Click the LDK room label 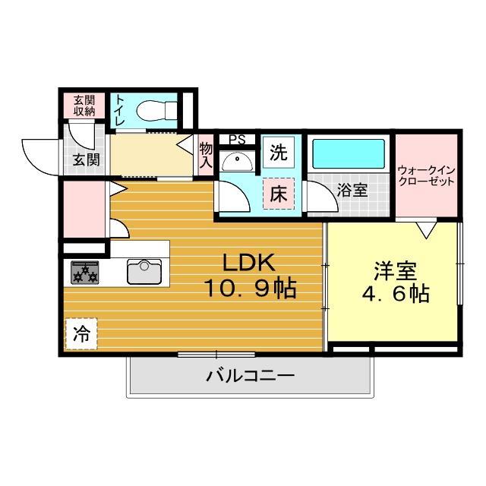pyautogui.click(x=248, y=264)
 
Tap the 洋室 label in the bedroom pyautogui.click(x=393, y=271)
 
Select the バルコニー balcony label pyautogui.click(x=250, y=375)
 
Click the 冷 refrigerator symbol pyautogui.click(x=80, y=333)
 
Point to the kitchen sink pyautogui.click(x=144, y=271)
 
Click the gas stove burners pyautogui.click(x=85, y=272)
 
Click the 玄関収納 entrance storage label pyautogui.click(x=84, y=106)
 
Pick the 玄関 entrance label pyautogui.click(x=85, y=159)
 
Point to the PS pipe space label pyautogui.click(x=237, y=140)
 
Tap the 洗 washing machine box pyautogui.click(x=279, y=152)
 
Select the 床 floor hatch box pyautogui.click(x=278, y=193)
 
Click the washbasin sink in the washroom pyautogui.click(x=238, y=161)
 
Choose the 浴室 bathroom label pyautogui.click(x=354, y=190)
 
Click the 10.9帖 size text pyautogui.click(x=248, y=289)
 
